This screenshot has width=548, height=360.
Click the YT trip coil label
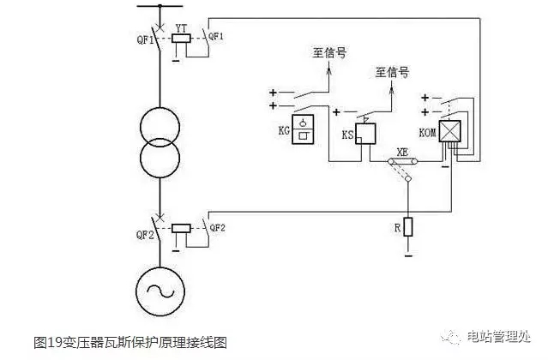[181, 28]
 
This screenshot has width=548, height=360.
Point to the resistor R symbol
[409, 227]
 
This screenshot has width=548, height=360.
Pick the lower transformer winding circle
[160, 160]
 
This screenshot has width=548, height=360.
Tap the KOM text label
[426, 135]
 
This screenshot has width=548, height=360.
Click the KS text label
[348, 136]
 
